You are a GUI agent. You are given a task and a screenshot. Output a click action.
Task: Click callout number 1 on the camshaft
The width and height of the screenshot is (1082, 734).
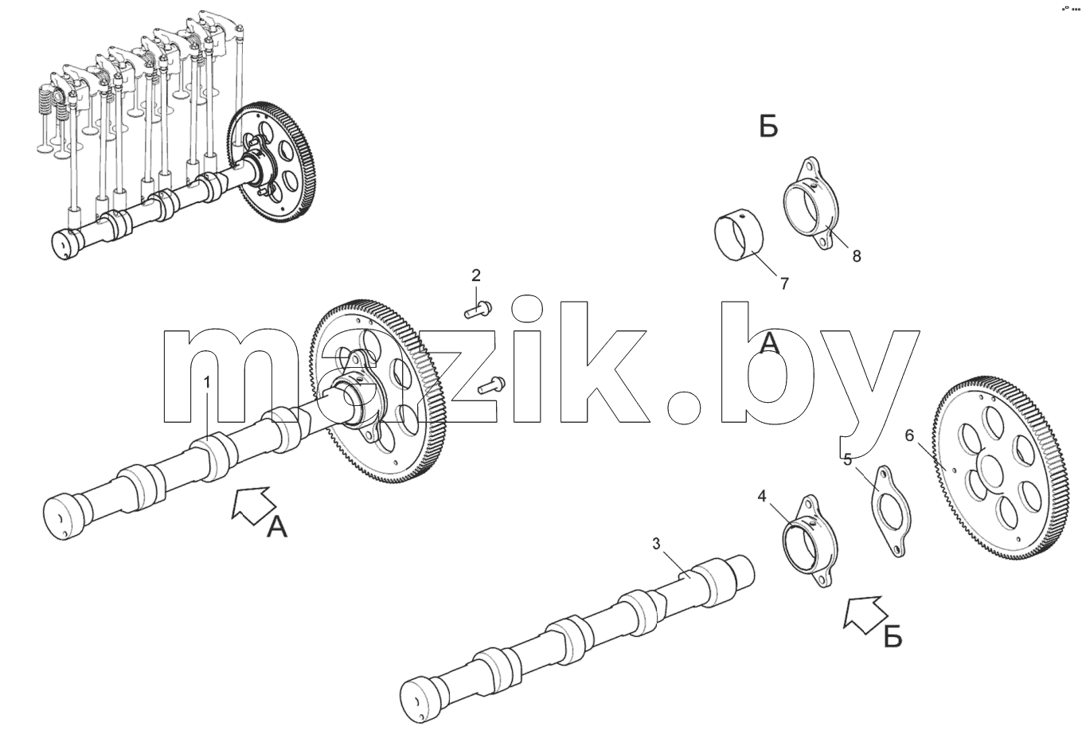207,382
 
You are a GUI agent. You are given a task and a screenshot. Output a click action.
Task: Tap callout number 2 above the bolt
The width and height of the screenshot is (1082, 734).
476,275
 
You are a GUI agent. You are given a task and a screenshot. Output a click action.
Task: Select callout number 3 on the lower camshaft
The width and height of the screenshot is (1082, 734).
656,544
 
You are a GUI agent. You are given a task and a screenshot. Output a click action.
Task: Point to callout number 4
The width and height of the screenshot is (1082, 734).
762,495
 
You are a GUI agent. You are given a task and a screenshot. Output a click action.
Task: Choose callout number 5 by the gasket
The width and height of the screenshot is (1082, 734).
848,459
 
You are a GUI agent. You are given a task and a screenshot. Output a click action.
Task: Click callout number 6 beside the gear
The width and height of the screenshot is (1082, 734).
909,435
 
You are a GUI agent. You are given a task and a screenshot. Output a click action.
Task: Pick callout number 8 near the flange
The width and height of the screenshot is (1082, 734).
857,256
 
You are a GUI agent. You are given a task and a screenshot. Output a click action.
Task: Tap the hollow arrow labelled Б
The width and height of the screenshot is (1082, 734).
865,613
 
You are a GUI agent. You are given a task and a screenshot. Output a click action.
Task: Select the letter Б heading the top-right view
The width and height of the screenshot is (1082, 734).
768,127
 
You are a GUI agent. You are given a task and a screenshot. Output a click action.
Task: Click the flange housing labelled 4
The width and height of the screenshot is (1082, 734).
810,541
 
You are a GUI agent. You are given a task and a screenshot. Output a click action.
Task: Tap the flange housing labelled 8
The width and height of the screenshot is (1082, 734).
811,203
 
